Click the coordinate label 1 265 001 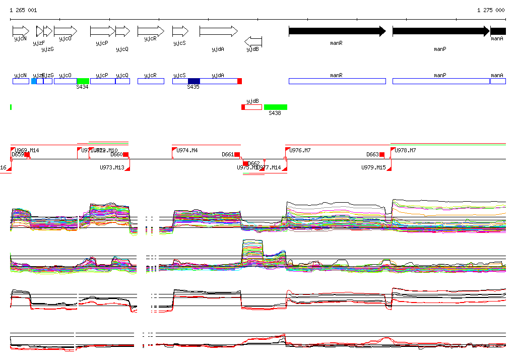(23, 10)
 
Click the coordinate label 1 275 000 (490, 10)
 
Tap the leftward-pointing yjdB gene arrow (253, 41)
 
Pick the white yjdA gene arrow (218, 31)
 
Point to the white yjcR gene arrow (151, 31)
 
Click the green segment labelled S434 (83, 81)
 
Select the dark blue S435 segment (193, 81)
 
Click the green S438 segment (275, 107)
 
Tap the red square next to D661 (237, 154)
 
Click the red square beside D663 (382, 154)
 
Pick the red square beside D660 (126, 154)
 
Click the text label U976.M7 (300, 150)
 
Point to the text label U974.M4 (187, 150)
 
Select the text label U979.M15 (373, 167)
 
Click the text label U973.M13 (112, 167)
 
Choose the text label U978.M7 (405, 150)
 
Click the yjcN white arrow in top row (21, 31)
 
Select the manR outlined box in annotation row (337, 81)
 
